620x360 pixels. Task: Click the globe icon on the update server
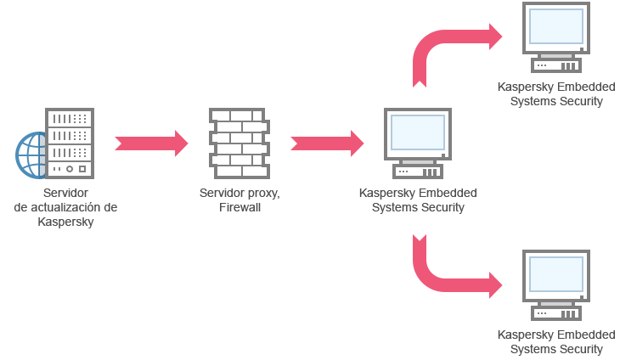pos(31,155)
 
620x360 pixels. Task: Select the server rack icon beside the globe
pos(70,144)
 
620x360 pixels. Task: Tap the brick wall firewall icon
pos(239,143)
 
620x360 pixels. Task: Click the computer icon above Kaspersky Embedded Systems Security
pos(417,143)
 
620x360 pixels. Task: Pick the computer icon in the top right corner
pos(556,37)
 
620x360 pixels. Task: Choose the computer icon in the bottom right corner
pos(556,285)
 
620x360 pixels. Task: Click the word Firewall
pos(240,207)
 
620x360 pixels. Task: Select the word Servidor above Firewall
pos(222,193)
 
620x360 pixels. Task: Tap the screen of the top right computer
pos(556,26)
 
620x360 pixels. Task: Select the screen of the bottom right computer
pos(556,274)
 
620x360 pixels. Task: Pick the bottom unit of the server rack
pos(70,170)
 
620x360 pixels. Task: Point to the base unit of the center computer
pos(417,165)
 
